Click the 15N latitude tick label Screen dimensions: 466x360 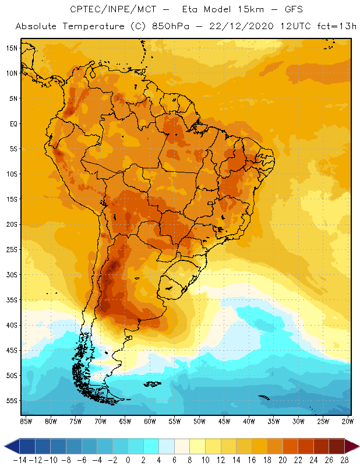[x=12, y=48]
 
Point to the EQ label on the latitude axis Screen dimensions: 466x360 [x=12, y=123]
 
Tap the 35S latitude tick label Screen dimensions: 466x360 [x=12, y=300]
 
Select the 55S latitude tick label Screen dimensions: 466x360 [x=12, y=401]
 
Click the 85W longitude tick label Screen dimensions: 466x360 [x=26, y=421]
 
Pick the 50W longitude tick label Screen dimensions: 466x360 [x=200, y=421]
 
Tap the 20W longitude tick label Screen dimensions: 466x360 [x=348, y=421]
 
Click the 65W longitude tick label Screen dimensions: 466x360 [x=125, y=421]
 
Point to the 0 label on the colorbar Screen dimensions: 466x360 [x=128, y=460]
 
